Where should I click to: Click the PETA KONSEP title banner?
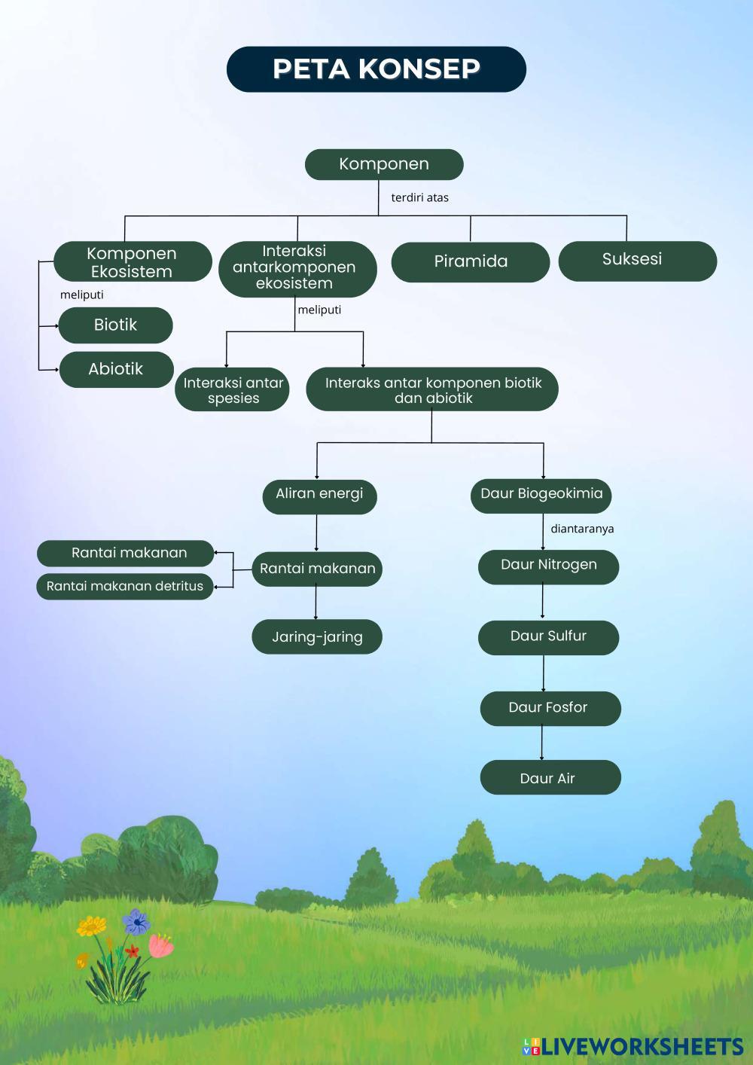(x=376, y=69)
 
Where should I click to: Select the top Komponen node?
(x=384, y=164)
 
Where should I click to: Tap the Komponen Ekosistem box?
(x=133, y=261)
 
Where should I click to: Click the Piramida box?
(x=470, y=262)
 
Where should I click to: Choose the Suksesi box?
(x=638, y=261)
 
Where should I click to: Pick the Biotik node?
(x=115, y=325)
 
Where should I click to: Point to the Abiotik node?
(x=116, y=369)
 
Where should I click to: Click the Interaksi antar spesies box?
(x=232, y=389)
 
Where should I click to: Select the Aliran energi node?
(x=319, y=497)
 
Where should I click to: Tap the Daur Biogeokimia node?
(x=541, y=496)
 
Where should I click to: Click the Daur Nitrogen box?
(x=549, y=567)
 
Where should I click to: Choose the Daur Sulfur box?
(x=549, y=638)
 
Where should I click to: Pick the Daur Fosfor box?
(x=550, y=709)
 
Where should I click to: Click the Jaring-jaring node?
(x=317, y=636)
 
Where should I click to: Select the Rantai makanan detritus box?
(x=125, y=587)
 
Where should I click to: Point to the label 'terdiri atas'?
(x=419, y=198)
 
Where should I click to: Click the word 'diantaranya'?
(x=582, y=529)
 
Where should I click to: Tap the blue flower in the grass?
(x=136, y=922)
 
